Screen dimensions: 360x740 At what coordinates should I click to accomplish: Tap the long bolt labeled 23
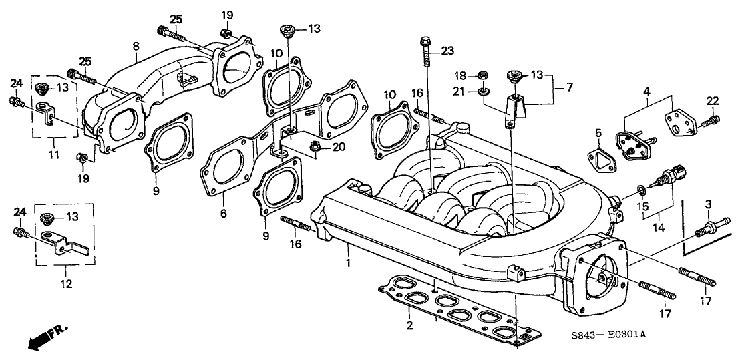click(426, 57)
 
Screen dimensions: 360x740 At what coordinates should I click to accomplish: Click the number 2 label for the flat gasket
click(410, 325)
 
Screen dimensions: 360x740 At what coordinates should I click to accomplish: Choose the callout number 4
click(646, 90)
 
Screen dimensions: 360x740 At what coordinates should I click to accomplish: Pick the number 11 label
click(54, 155)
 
